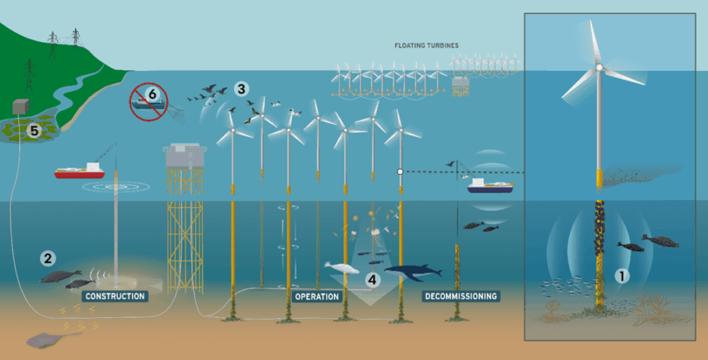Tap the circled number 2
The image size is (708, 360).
tap(46, 258)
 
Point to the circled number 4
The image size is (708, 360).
tap(371, 280)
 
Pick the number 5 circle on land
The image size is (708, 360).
tap(35, 131)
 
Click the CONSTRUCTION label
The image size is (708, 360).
tap(115, 296)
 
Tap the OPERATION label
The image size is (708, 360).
tap(316, 296)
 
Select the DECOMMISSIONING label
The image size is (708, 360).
tap(462, 296)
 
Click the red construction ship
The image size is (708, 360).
tap(80, 172)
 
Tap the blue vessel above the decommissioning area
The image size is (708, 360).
tap(490, 186)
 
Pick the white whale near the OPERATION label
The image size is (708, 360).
tap(342, 267)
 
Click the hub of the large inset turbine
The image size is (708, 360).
tap(599, 66)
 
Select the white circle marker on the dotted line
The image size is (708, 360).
tap(399, 172)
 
